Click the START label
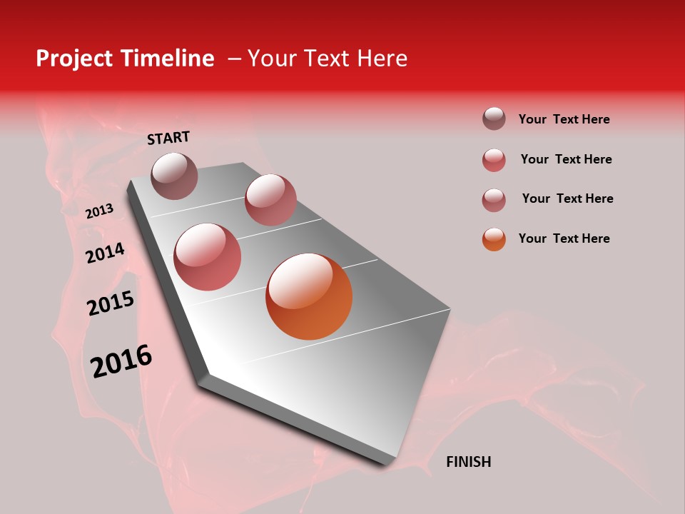pos(168,138)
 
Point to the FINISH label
pos(468,462)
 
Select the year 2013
pos(99,211)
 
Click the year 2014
pos(105,253)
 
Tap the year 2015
pos(111,303)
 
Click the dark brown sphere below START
pos(175,176)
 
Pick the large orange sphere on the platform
pos(309,296)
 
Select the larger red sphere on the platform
pos(208,257)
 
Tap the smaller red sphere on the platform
pos(270,200)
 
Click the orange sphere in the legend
pos(494,239)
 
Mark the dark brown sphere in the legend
pos(494,119)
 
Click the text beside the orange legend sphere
pos(564,238)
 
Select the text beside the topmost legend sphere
pos(564,119)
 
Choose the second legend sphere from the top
pos(494,160)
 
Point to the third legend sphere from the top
pos(494,200)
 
